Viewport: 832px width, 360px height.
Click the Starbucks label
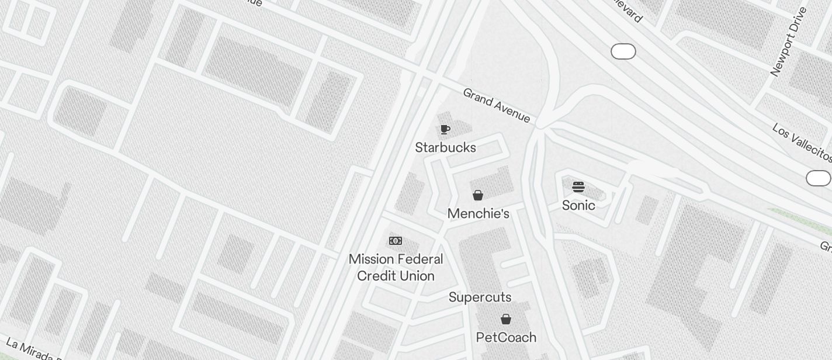click(x=445, y=147)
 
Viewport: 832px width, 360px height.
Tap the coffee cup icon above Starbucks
click(x=445, y=129)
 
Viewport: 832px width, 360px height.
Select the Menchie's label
click(x=478, y=214)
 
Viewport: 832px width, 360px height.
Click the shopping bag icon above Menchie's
click(x=478, y=195)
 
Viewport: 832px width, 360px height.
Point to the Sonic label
click(x=578, y=205)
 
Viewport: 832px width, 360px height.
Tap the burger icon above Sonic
click(x=578, y=187)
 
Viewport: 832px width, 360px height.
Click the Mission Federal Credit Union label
click(x=396, y=267)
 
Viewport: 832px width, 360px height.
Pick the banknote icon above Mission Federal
click(x=396, y=241)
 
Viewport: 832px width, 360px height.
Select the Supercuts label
click(x=480, y=297)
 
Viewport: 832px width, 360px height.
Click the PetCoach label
click(x=506, y=337)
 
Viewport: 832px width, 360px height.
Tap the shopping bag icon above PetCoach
click(x=506, y=319)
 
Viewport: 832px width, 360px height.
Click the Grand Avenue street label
click(x=497, y=106)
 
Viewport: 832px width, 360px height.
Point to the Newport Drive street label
click(x=788, y=42)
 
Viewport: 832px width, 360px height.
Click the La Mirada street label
click(x=29, y=349)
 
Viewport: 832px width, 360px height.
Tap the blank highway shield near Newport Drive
click(x=623, y=51)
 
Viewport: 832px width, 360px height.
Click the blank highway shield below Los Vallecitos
click(x=818, y=178)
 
